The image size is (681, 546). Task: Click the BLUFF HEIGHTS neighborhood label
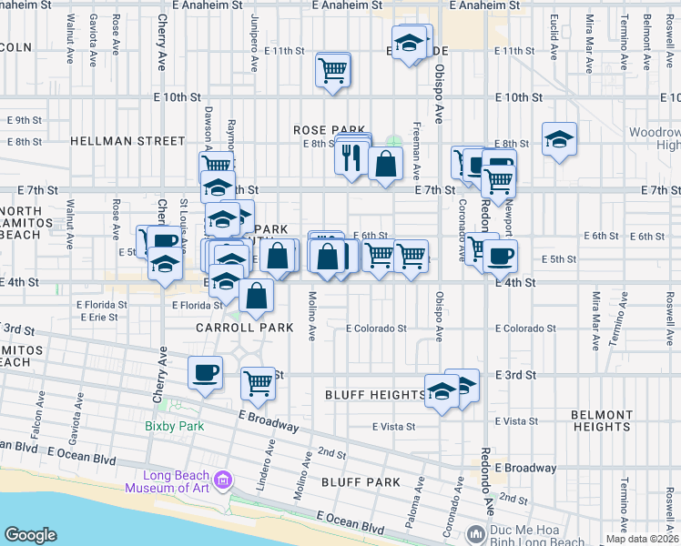(x=375, y=394)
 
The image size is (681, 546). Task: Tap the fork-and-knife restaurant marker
(x=351, y=158)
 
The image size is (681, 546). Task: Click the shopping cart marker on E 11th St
(x=333, y=69)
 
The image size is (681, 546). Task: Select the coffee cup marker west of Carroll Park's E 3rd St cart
(x=205, y=371)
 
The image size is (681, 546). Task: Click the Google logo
(x=31, y=535)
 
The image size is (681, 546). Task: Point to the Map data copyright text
(x=643, y=539)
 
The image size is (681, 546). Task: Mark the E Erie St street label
(x=98, y=318)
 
